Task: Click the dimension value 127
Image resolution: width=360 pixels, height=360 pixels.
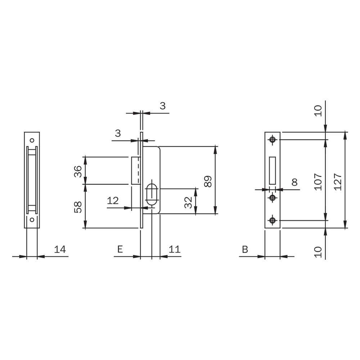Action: [338, 182]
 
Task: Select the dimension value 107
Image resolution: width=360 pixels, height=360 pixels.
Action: [318, 182]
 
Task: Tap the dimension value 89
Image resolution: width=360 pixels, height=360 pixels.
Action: [208, 181]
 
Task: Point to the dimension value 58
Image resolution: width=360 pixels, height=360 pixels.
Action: [78, 207]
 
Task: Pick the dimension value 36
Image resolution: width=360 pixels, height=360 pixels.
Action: [78, 171]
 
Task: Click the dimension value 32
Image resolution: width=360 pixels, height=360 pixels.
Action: [188, 202]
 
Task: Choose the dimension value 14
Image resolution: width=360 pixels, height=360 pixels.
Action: [60, 249]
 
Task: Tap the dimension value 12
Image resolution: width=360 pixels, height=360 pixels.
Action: [113, 201]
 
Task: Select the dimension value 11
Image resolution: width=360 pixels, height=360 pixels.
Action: [175, 249]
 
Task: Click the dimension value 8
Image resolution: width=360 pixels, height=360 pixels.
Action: [294, 182]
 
